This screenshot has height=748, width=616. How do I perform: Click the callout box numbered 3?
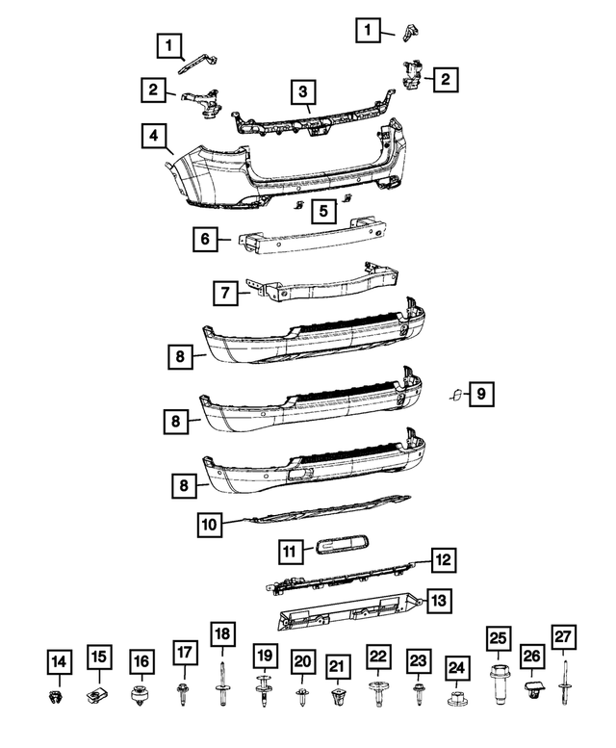302,92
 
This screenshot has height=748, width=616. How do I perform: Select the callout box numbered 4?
151,137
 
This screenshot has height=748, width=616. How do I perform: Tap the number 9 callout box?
481,393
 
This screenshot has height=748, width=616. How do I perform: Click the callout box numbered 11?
288,551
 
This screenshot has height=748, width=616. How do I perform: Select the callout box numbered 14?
59,661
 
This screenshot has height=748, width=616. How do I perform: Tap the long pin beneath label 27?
564,686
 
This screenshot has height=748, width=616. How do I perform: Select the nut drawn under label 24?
455,694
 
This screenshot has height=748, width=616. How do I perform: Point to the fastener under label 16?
141,694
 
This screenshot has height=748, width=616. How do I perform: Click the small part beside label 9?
456,394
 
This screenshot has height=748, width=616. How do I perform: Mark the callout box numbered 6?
205,239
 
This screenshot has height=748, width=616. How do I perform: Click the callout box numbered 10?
210,525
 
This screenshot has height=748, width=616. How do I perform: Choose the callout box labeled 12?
442,559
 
